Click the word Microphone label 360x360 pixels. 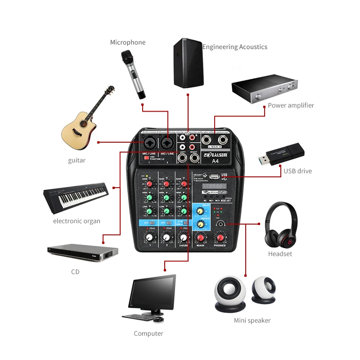pos(128,42)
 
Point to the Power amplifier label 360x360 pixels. pos(291,105)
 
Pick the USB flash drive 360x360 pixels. pos(282,152)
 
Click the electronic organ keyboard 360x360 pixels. pos(76,195)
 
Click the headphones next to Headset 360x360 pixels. pos(281,225)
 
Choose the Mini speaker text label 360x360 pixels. pos(252,320)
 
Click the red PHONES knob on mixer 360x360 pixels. pos(220,238)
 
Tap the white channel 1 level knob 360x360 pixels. pos(148,238)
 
